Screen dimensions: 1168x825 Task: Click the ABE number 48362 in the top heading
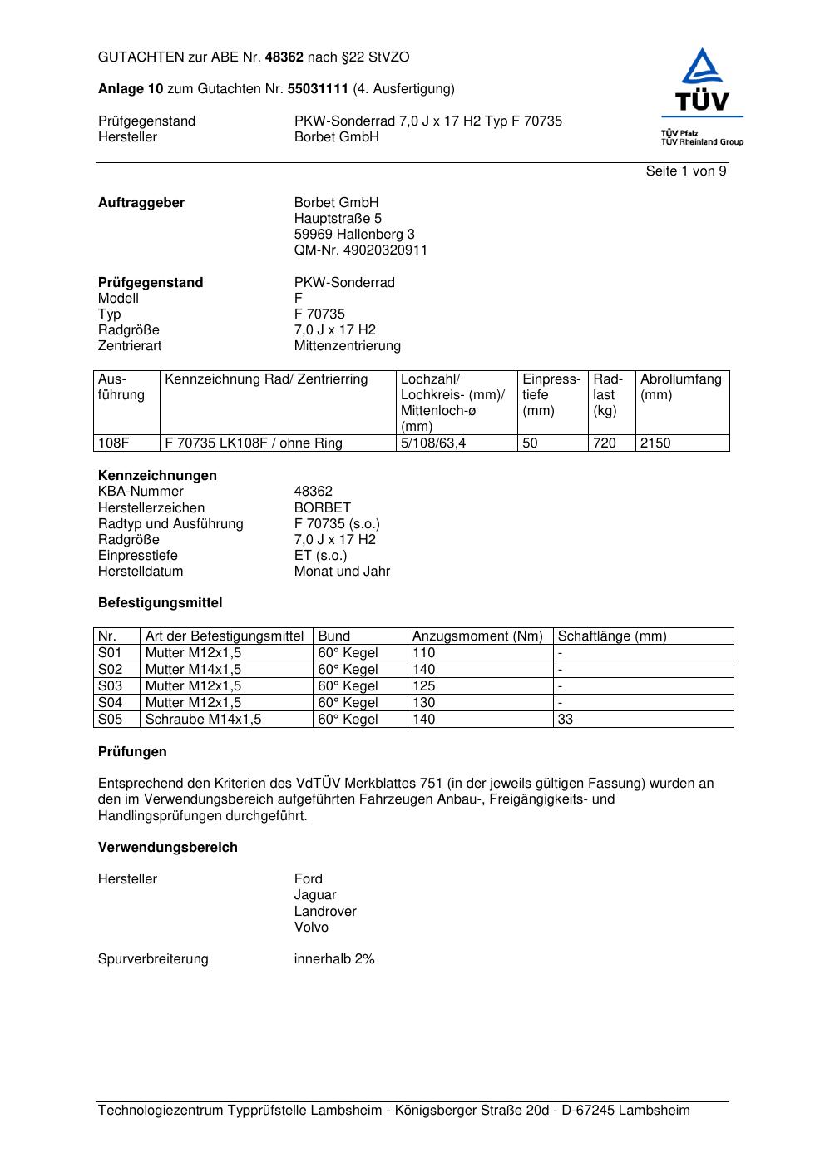284,57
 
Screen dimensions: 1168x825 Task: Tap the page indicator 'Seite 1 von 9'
685,171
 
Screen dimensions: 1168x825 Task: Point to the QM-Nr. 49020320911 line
360,250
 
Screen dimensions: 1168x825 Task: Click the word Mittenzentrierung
347,346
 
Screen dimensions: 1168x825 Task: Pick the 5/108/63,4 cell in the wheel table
433,443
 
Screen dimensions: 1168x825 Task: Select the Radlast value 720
605,443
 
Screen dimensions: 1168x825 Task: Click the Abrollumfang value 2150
655,443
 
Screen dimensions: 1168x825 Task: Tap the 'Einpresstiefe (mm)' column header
551,395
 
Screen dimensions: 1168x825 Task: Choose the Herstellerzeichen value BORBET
322,508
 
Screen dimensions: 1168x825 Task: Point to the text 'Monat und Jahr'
342,572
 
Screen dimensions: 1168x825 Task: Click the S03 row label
110,686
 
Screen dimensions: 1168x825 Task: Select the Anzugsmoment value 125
423,686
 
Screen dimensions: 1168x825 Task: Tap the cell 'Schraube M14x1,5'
203,720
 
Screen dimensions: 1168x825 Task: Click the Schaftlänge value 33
566,720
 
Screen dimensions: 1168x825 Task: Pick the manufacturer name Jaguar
315,895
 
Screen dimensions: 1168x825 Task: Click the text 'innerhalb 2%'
334,959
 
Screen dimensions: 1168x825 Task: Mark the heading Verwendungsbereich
168,848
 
